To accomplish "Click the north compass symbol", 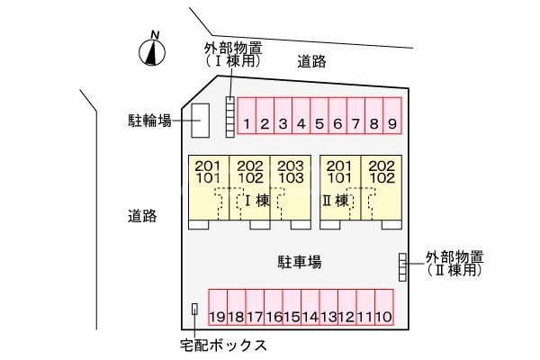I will [154, 52].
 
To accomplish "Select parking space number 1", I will [247, 117].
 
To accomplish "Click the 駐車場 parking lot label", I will [299, 262].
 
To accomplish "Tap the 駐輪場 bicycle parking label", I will [149, 120].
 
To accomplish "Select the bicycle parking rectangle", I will [200, 120].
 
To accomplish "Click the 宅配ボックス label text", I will [223, 344].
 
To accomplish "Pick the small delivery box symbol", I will [194, 310].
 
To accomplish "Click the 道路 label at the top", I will [311, 61].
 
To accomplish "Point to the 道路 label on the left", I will [142, 216].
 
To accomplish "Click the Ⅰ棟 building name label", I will [255, 201].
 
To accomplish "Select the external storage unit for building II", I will [402, 266].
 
